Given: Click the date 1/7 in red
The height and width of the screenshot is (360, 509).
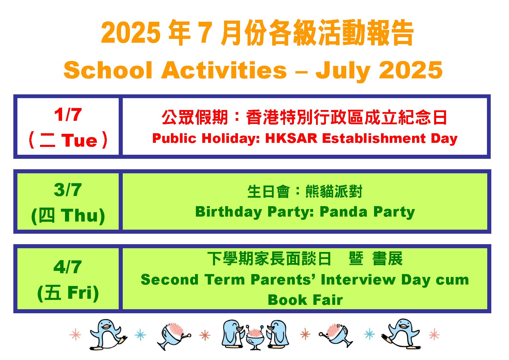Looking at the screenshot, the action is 68,115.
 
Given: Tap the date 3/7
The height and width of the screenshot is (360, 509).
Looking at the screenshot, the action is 68,190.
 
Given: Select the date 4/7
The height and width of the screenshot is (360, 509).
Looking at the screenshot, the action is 68,267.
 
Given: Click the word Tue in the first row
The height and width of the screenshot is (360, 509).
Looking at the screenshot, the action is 79,141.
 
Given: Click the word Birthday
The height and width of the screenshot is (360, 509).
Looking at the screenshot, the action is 229,212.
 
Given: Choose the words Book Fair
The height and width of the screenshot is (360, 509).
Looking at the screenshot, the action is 305,300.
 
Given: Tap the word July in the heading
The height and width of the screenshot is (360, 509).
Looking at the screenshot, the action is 343,71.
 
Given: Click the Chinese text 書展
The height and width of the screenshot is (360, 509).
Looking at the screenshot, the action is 388,259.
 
